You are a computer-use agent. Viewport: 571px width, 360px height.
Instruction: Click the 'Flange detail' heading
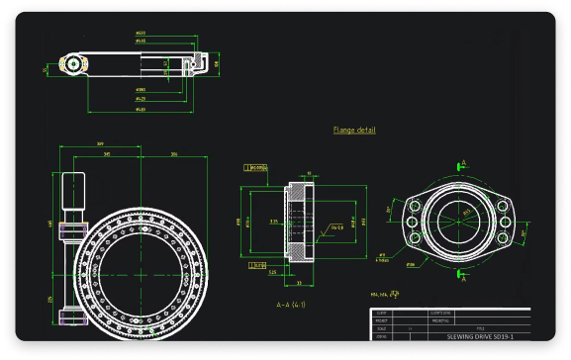click(354, 130)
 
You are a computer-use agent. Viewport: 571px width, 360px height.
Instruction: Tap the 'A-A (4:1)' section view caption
click(290, 304)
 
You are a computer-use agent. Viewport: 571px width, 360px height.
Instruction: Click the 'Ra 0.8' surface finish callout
click(335, 227)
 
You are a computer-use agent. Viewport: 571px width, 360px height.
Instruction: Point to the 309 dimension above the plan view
click(101, 144)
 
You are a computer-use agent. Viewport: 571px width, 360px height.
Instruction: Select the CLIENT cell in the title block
click(382, 313)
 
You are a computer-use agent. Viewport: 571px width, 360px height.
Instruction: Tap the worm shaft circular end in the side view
click(72, 63)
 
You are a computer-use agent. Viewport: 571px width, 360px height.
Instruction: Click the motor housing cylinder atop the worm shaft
click(75, 188)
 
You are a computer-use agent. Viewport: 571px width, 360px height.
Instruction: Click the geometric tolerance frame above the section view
click(259, 168)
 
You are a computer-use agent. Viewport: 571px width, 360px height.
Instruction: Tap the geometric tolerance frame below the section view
click(255, 266)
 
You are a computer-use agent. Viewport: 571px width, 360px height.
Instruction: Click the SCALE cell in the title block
click(382, 327)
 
